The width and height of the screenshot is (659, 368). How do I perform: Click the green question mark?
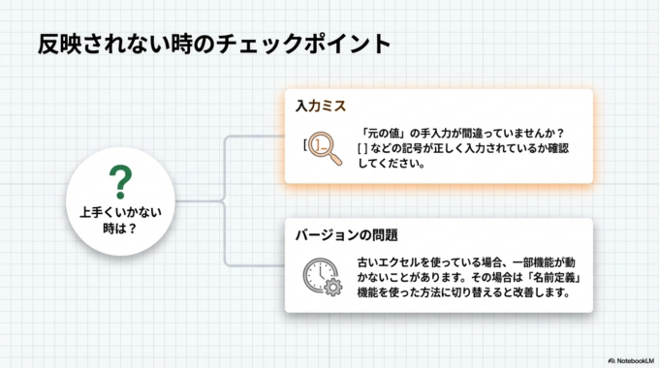click(119, 181)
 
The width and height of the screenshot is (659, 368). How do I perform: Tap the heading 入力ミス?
click(321, 105)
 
